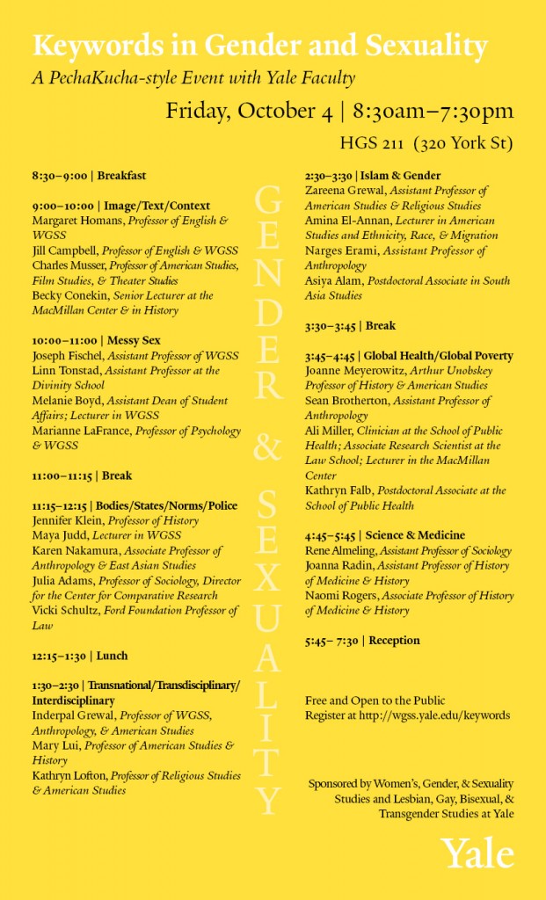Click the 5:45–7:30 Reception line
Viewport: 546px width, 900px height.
tap(362, 641)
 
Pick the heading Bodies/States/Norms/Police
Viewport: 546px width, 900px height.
tap(172, 506)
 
